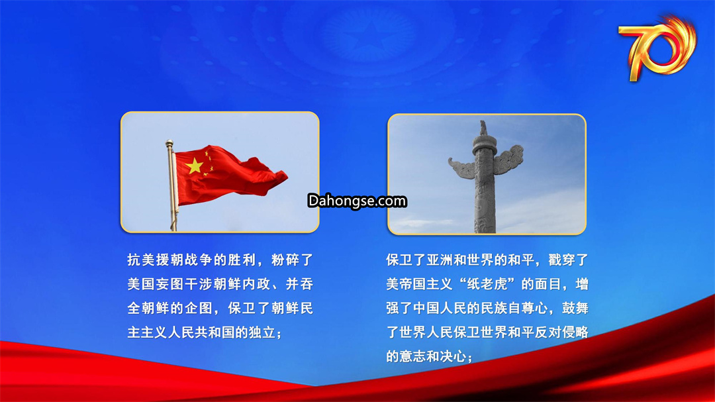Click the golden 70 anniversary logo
point(657,47)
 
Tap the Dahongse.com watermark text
point(357,201)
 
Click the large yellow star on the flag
point(195,166)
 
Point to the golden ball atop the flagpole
point(169,143)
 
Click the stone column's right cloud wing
point(509,159)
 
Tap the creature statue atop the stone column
point(483,128)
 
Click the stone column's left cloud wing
point(461,168)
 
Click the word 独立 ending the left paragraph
point(262,332)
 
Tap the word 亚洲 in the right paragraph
point(440,260)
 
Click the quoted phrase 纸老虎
point(487,284)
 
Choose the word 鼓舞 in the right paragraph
point(575,309)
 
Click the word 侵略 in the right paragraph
point(575,332)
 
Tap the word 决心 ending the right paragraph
point(453,356)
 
